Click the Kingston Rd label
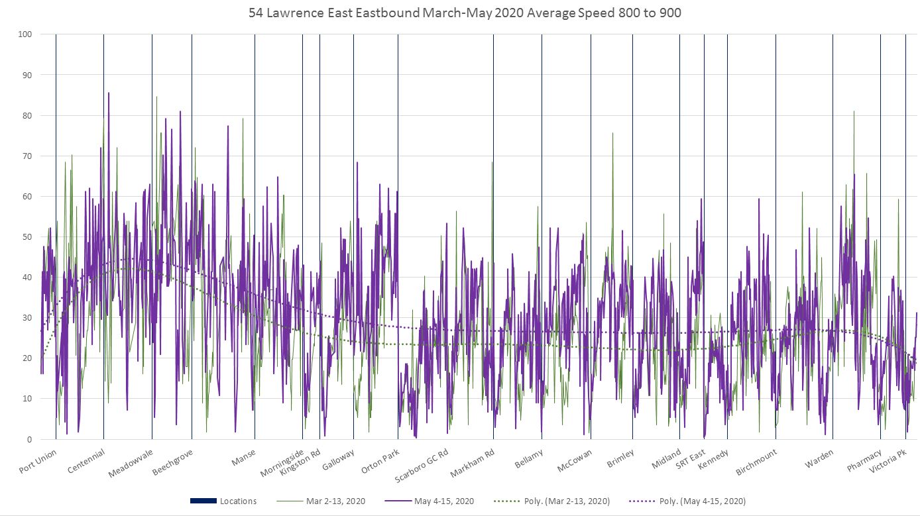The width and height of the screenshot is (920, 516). click(300, 462)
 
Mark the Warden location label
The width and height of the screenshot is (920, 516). click(819, 459)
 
